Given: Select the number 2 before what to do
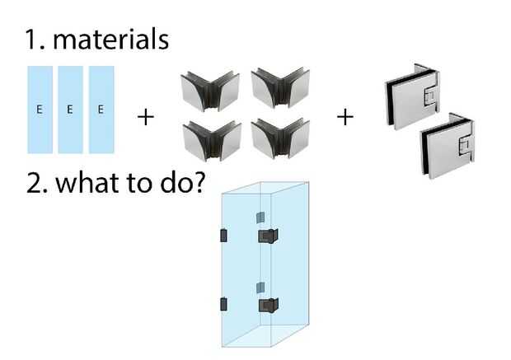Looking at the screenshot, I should tap(35, 181).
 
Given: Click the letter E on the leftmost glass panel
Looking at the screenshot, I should tap(40, 110).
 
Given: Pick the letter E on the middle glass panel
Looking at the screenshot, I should tap(70, 110).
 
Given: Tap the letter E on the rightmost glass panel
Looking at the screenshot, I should tap(101, 110).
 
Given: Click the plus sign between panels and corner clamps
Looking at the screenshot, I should tap(145, 117).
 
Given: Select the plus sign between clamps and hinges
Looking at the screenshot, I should tap(345, 117).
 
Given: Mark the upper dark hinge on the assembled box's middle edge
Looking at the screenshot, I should tap(266, 236).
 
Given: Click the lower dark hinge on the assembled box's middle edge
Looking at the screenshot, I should tap(266, 306).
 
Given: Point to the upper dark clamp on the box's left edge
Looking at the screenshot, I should tap(223, 236).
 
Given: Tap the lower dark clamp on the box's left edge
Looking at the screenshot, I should tap(223, 304).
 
